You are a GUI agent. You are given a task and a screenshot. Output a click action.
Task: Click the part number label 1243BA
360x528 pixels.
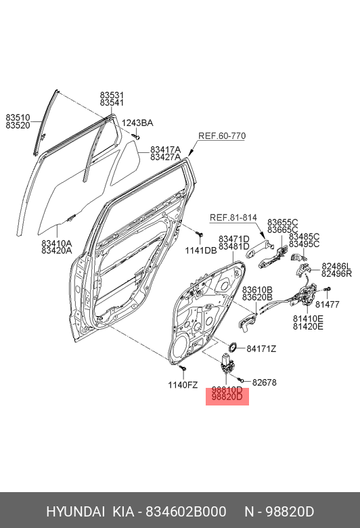(137, 123)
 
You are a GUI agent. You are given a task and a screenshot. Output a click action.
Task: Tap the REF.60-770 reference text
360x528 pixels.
(222, 136)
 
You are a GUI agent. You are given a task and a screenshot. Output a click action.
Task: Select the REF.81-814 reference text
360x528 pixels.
(233, 218)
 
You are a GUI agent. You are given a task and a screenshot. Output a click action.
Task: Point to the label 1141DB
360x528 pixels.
(201, 250)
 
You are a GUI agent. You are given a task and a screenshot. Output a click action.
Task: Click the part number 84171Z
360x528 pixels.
(261, 349)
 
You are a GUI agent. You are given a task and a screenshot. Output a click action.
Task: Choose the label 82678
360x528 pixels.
(265, 382)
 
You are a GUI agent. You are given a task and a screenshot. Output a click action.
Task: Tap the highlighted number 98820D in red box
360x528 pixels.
(227, 397)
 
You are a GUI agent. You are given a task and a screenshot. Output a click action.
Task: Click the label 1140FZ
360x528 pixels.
(183, 385)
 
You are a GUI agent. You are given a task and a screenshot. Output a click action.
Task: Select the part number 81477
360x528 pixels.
(328, 305)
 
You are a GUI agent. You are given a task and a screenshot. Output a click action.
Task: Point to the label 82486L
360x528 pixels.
(336, 266)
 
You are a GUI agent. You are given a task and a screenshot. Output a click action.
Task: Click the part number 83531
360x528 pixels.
(112, 95)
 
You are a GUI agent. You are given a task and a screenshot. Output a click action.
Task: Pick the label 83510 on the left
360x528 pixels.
(18, 118)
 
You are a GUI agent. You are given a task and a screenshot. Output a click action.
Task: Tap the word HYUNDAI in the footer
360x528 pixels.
(75, 512)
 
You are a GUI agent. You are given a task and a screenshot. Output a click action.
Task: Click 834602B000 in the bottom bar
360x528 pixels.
(186, 512)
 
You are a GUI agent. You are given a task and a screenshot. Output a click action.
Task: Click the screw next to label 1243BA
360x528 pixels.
(136, 136)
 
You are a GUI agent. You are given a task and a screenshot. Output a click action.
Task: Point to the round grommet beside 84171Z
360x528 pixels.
(232, 347)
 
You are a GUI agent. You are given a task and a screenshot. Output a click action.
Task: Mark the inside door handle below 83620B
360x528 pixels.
(246, 322)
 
